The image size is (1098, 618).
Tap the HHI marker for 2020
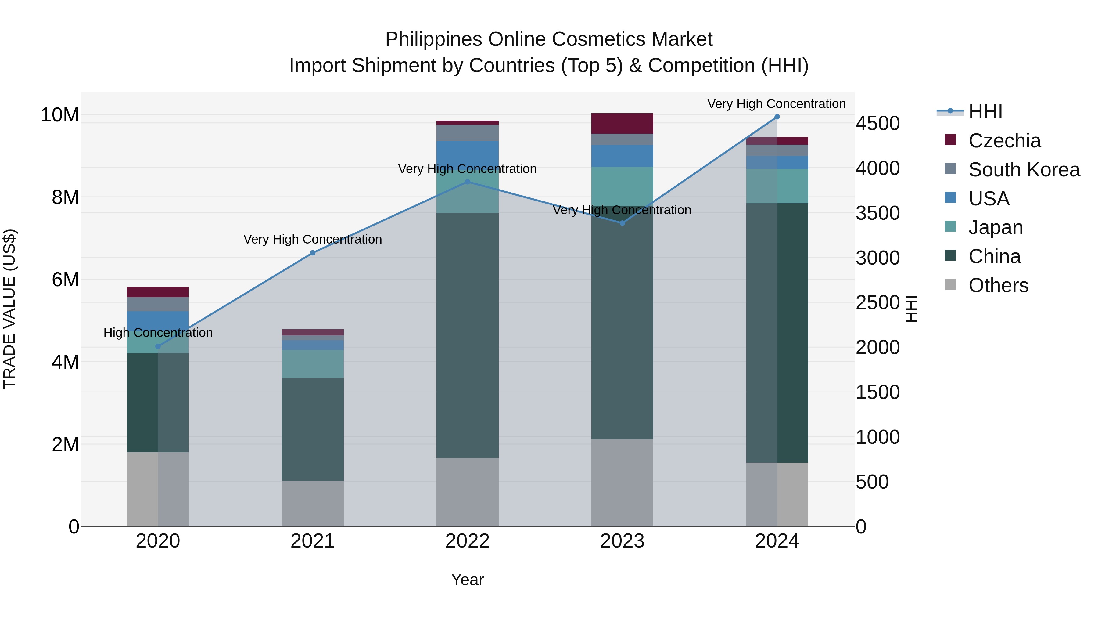(158, 346)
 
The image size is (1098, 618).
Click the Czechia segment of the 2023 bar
(622, 123)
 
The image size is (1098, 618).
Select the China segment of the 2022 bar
(467, 335)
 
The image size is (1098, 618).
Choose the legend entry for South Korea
(1024, 170)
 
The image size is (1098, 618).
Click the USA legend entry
(989, 199)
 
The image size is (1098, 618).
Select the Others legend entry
(998, 285)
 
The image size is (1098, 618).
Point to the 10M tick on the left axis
(60, 115)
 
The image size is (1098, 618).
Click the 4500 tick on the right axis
(877, 124)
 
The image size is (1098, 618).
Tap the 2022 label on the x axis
(467, 541)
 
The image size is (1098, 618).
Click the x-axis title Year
(467, 580)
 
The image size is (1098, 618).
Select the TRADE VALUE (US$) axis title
(9, 309)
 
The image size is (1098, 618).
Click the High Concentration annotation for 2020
(158, 333)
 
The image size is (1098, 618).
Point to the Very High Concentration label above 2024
(776, 104)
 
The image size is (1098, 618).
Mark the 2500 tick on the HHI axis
(877, 303)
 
